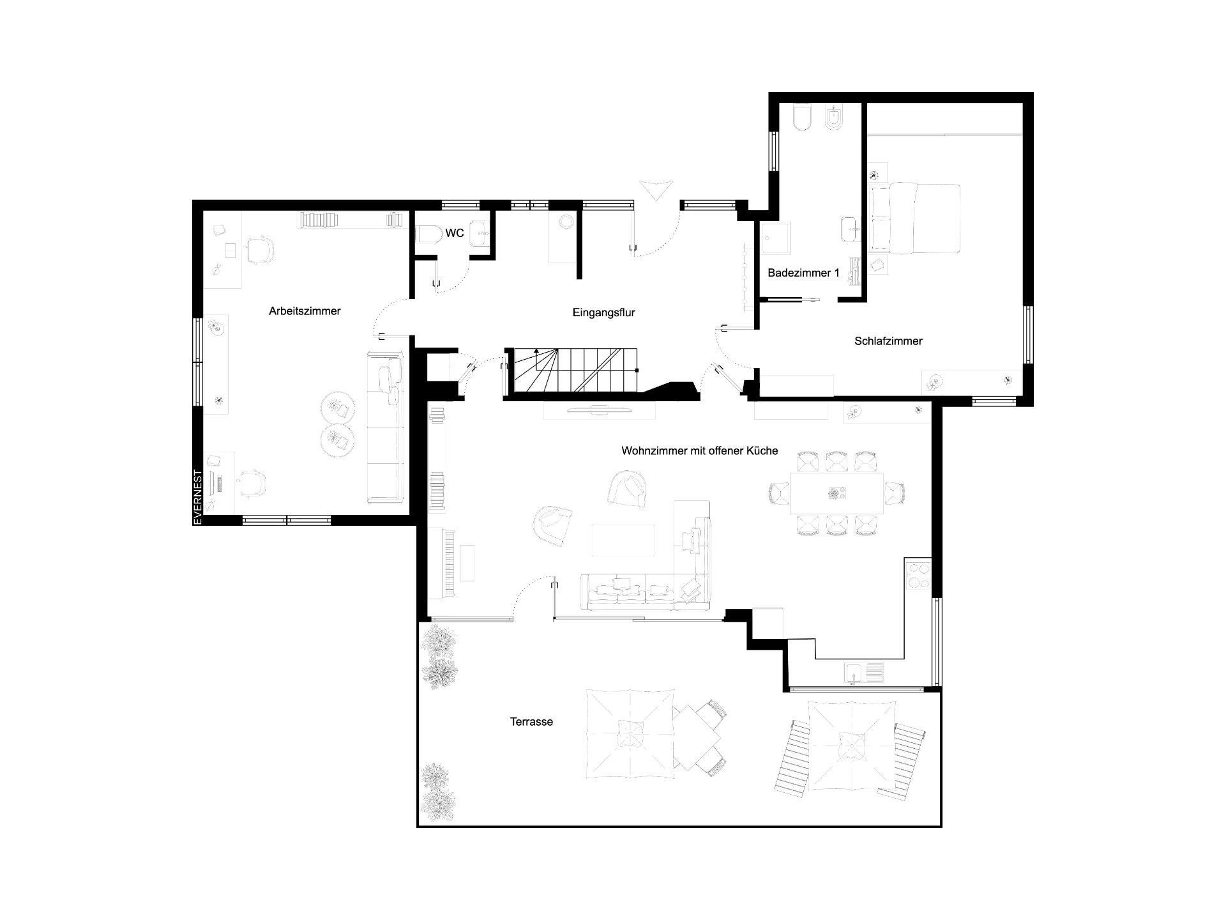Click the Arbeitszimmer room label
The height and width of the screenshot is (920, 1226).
coord(305,311)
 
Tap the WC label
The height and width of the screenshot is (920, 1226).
coord(455,233)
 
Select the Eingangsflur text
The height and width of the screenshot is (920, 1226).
coord(603,313)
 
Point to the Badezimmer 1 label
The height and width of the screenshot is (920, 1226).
coord(803,273)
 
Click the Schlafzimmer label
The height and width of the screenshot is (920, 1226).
coord(888,341)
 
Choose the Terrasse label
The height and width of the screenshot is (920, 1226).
coord(531,722)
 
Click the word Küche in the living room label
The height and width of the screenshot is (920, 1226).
coord(762,450)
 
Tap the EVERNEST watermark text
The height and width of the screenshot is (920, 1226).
coord(198,498)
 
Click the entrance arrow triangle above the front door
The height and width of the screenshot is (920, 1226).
coord(657,190)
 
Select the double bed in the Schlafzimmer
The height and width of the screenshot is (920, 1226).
coord(916,218)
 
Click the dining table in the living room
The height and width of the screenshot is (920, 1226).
coord(836,493)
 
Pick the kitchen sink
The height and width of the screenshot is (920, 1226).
coord(865,673)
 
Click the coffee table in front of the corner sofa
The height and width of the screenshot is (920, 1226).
coord(623,540)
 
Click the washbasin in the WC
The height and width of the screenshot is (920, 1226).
coord(480,234)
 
